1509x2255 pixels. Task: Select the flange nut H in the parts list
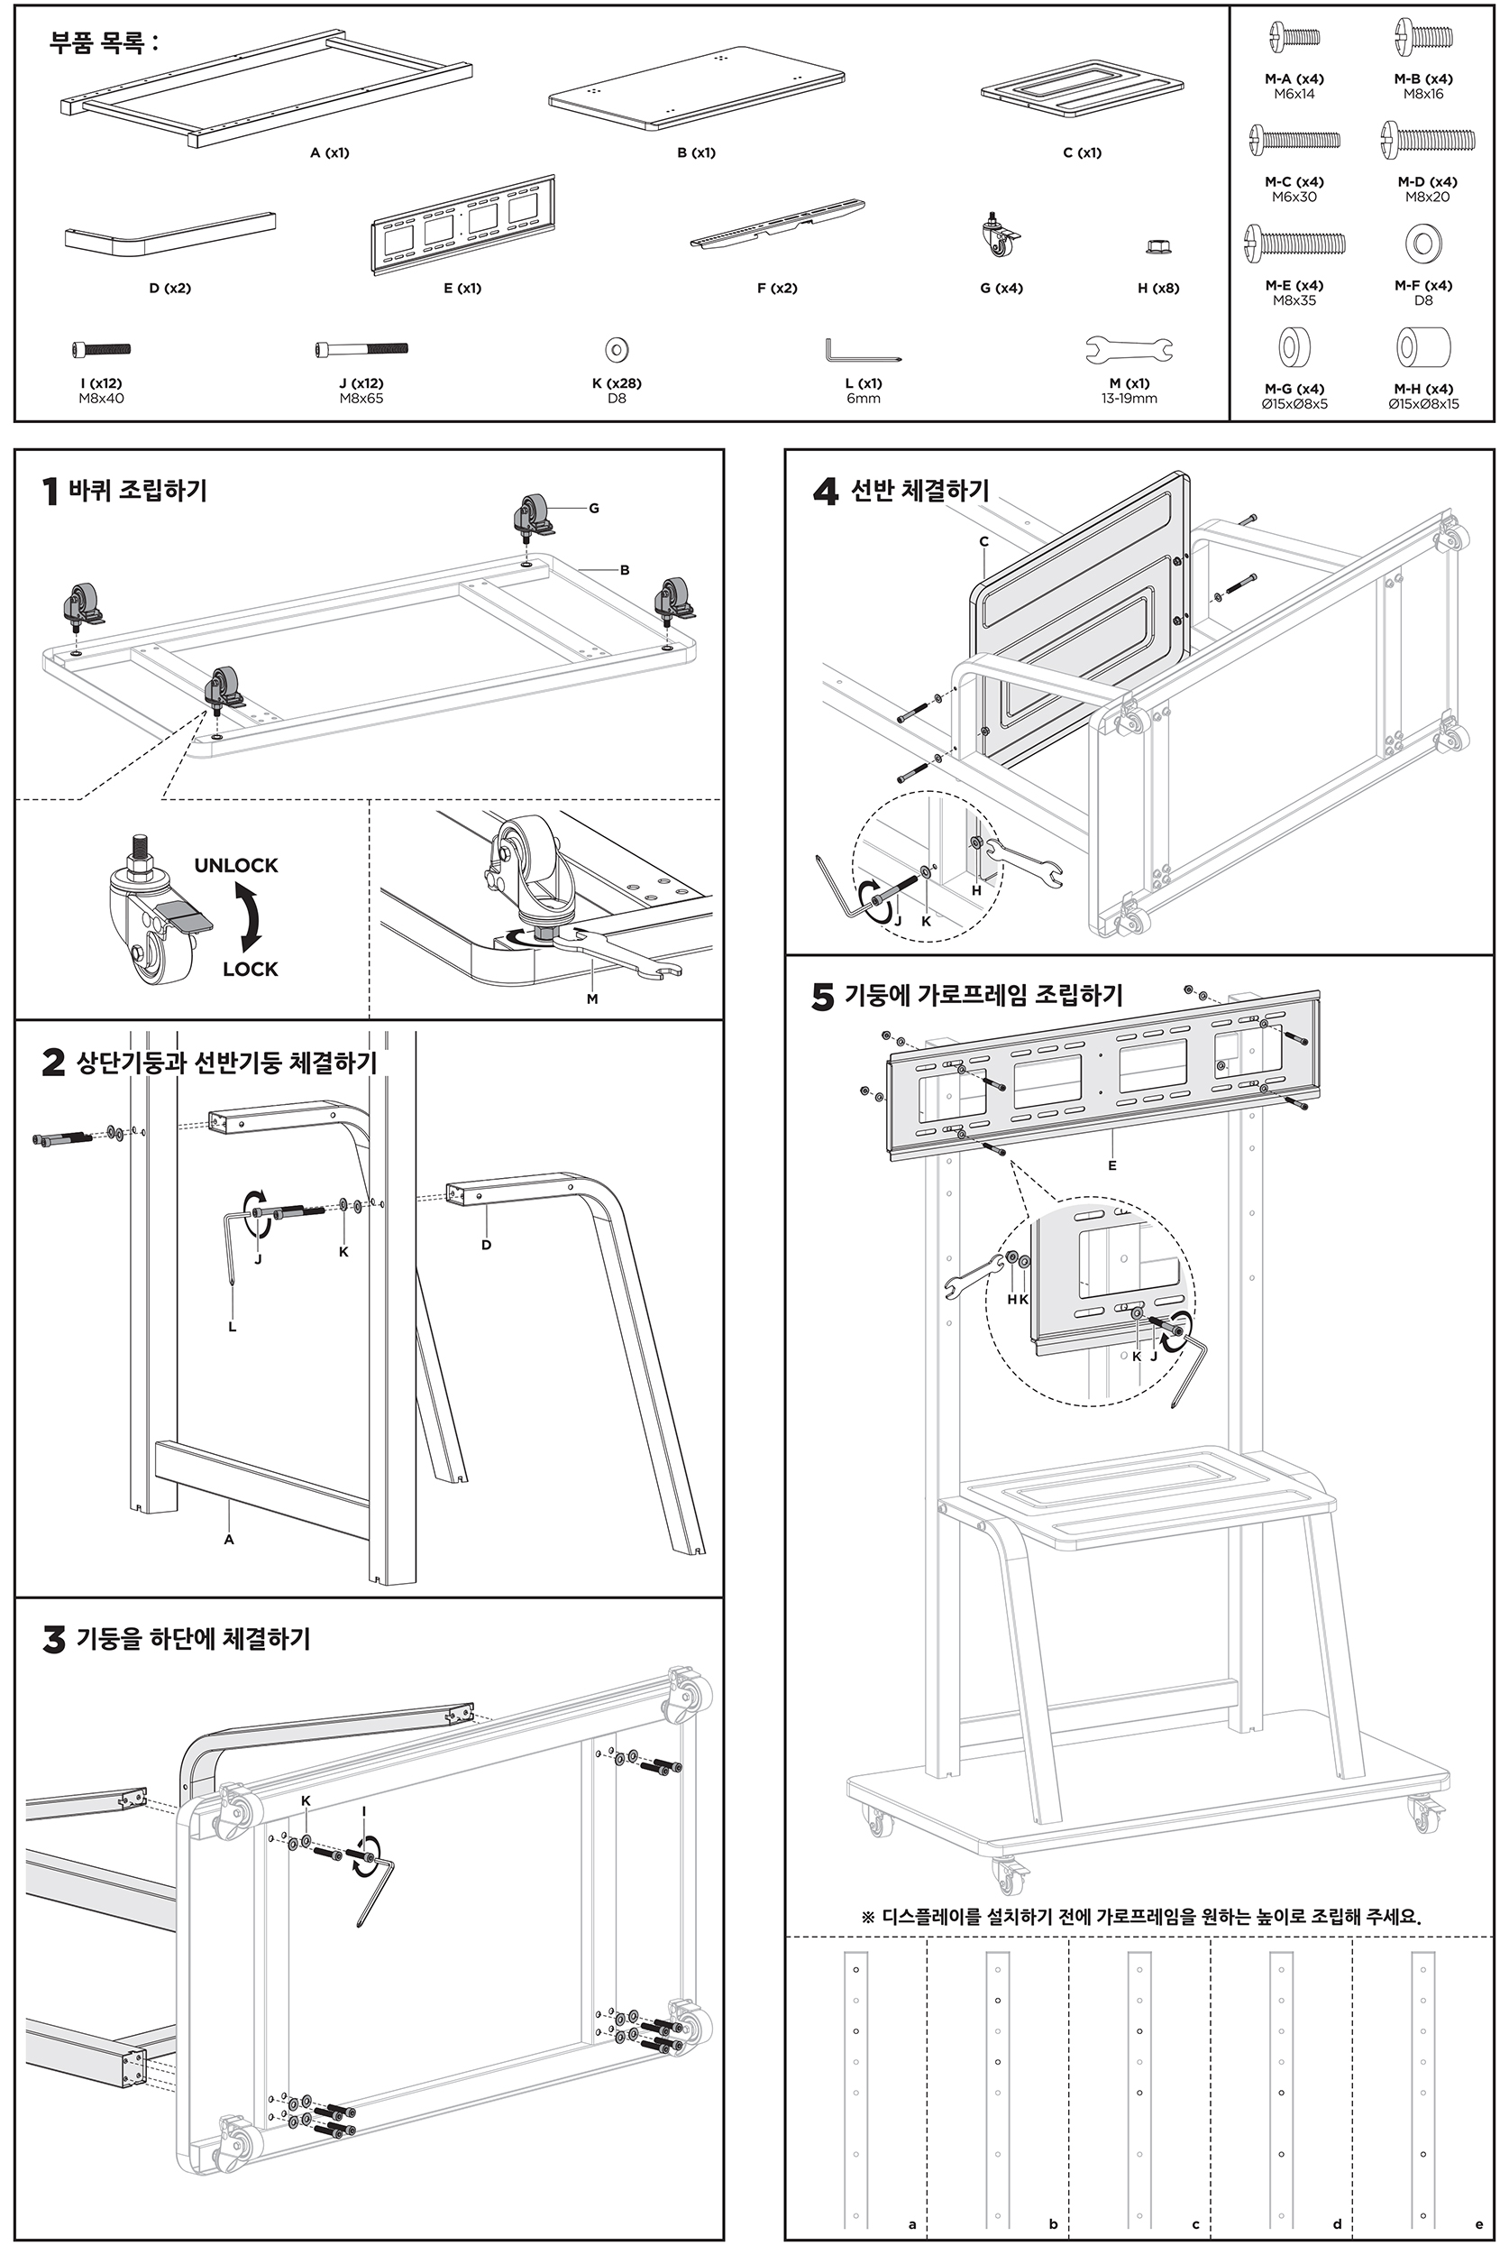[x=1157, y=246]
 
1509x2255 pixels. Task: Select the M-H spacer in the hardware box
[x=1423, y=346]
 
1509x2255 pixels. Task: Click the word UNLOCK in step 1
[x=236, y=865]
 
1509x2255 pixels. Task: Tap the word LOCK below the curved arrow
[x=251, y=969]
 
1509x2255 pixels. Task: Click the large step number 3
[x=54, y=1639]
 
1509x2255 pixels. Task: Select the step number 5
[x=823, y=997]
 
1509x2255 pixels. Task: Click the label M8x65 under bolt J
[x=361, y=399]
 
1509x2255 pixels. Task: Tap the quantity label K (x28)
[x=616, y=383]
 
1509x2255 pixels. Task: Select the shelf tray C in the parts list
[x=1082, y=88]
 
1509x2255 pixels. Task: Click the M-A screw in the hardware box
[x=1294, y=38]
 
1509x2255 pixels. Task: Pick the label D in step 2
[x=486, y=1245]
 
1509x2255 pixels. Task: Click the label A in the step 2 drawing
[x=229, y=1540]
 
